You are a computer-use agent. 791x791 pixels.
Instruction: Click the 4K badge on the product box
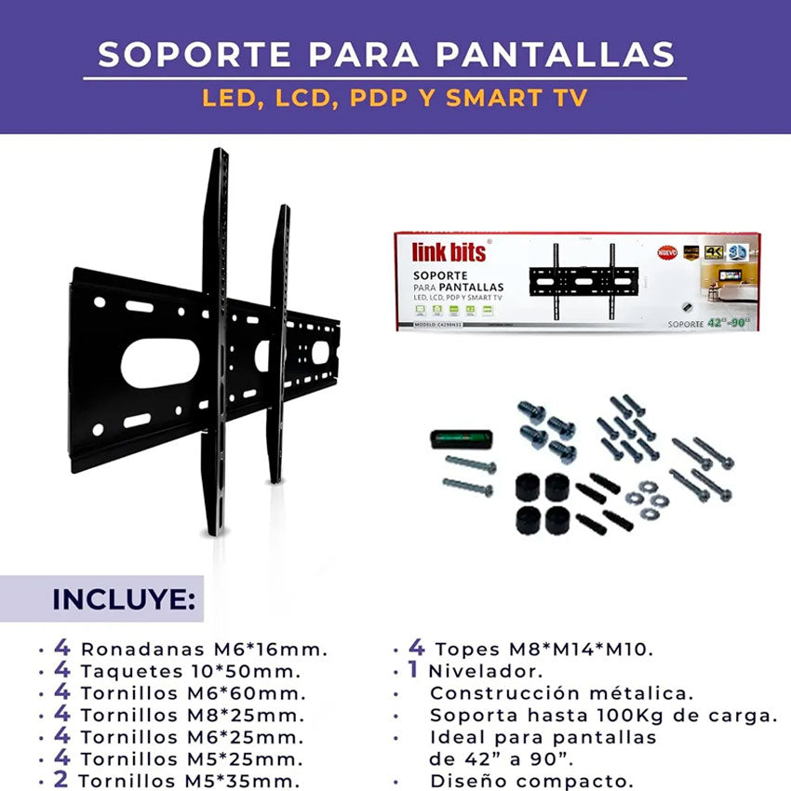click(714, 252)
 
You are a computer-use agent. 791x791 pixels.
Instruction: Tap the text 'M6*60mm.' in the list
click(261, 693)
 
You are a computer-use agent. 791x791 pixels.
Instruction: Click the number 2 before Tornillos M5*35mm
click(61, 780)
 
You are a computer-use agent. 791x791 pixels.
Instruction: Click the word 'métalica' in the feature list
click(650, 693)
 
